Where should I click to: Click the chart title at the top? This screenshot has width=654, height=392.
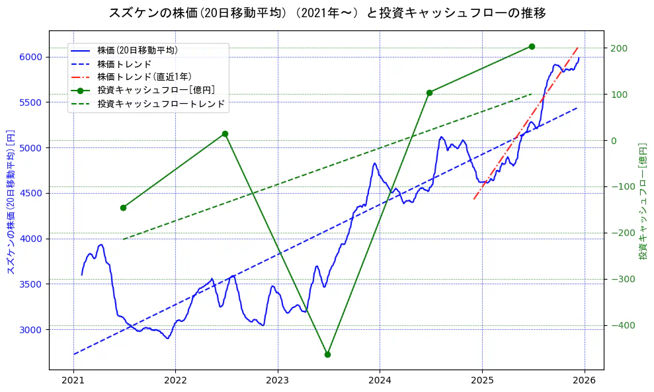[x=327, y=13]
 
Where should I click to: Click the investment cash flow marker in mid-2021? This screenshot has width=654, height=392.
[x=123, y=208]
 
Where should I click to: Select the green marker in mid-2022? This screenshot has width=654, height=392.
[x=225, y=134]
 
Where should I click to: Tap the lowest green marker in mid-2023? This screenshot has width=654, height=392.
[x=327, y=354]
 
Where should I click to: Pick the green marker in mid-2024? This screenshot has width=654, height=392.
[x=429, y=93]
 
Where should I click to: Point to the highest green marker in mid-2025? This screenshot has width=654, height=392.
[x=532, y=46]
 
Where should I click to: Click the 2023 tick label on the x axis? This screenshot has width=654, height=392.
[x=278, y=381]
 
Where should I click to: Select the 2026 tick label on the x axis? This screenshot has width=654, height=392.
[x=585, y=381]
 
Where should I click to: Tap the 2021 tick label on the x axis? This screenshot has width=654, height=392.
[x=73, y=381]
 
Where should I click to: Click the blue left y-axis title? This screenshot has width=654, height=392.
[x=10, y=201]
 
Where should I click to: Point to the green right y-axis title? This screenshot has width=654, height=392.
[x=643, y=201]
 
